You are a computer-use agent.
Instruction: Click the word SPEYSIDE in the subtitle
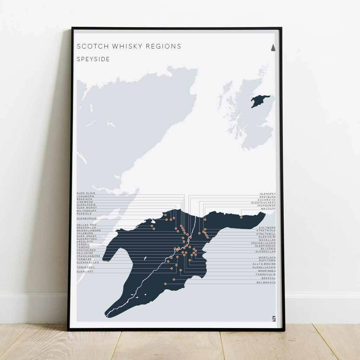93,59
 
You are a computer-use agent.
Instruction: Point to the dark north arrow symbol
273,48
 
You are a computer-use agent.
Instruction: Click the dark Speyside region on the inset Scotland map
260,101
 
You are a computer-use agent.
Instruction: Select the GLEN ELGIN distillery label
86,193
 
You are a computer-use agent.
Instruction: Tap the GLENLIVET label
85,272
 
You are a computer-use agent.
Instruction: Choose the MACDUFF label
268,209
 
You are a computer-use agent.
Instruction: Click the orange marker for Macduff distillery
241,217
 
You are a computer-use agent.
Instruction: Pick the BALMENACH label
266,283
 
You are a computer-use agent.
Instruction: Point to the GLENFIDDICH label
265,246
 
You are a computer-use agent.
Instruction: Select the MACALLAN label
267,240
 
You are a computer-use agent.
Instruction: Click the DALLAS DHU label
86,225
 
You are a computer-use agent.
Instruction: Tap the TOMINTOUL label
86,268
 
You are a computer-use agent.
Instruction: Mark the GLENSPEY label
268,194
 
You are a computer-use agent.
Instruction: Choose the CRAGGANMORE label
88,256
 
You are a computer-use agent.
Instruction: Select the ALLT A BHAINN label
264,264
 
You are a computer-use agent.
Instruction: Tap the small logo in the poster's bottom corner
274,318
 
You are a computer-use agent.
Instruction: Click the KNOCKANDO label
86,250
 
